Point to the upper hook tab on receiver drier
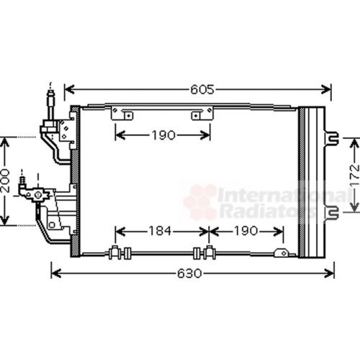click(x=332, y=135)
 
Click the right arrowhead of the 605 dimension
click(x=328, y=91)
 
